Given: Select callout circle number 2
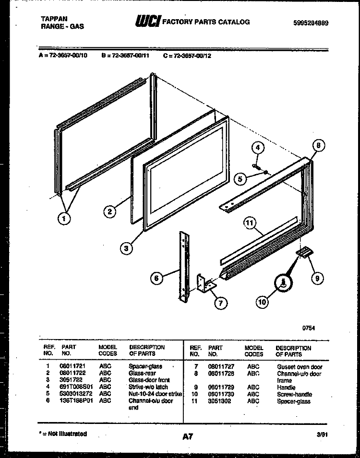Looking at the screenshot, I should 110,211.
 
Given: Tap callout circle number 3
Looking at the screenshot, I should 126,248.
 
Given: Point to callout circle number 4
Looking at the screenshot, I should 258,148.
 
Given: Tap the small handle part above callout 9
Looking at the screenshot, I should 303,252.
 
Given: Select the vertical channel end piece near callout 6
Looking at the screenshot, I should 183,266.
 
